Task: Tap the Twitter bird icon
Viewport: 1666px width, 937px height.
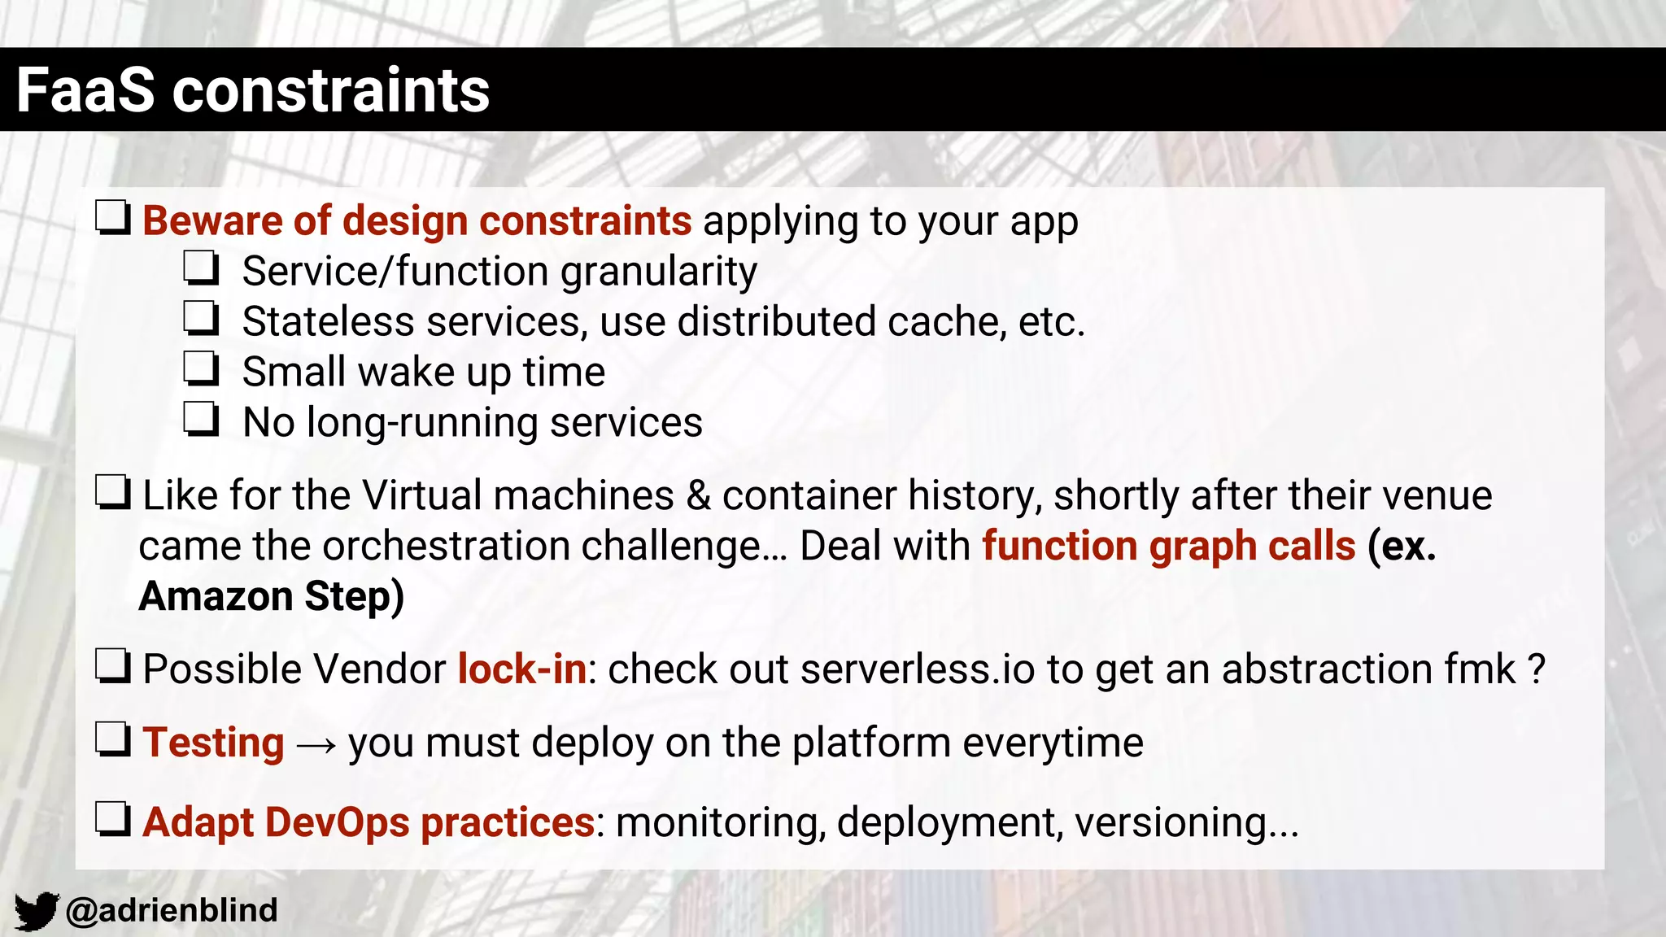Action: coord(36,910)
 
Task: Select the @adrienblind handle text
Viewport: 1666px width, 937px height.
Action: coord(172,910)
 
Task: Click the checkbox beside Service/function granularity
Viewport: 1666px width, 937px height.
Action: coord(201,268)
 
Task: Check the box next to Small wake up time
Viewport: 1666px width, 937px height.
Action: coord(201,369)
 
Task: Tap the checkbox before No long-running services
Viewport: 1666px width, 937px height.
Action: coord(201,420)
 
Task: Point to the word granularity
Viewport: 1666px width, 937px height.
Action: coord(659,272)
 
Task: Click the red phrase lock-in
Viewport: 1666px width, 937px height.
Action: coord(521,669)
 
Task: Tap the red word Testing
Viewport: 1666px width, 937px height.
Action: coord(213,743)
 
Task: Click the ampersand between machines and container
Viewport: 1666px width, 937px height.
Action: coord(698,495)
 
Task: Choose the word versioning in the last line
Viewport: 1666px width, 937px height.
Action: coord(1171,822)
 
